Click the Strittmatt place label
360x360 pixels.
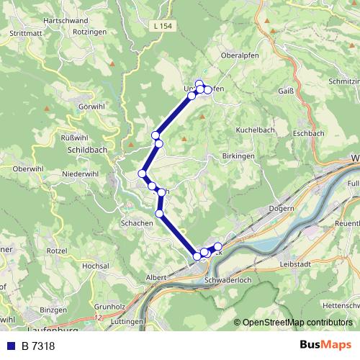click(26, 33)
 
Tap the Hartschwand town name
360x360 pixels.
click(67, 21)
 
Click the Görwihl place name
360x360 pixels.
click(92, 107)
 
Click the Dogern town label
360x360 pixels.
click(282, 208)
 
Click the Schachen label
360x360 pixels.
click(137, 224)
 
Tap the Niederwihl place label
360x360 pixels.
click(81, 174)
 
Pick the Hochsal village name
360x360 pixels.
click(96, 266)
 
